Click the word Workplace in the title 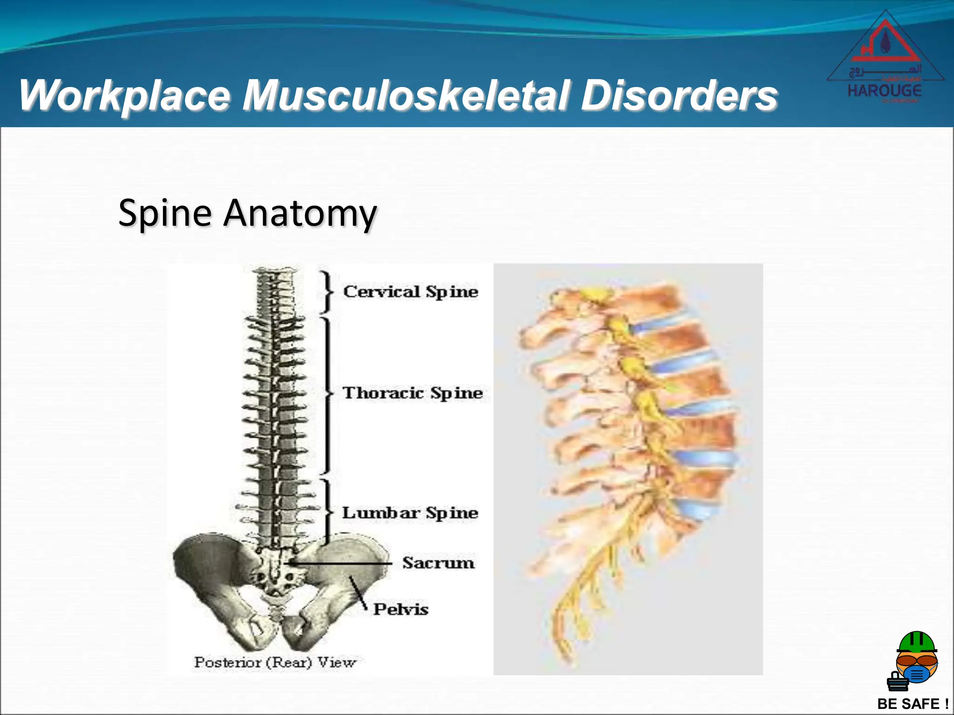click(125, 95)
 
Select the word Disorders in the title click(679, 95)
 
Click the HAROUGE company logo click(885, 58)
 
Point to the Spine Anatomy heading click(247, 213)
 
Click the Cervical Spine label click(410, 292)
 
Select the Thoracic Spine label click(413, 393)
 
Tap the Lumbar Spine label click(410, 513)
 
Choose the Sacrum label click(438, 563)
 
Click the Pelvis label click(401, 609)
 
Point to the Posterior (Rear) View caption click(275, 662)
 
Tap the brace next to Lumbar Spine click(328, 512)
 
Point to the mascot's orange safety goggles click(917, 660)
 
